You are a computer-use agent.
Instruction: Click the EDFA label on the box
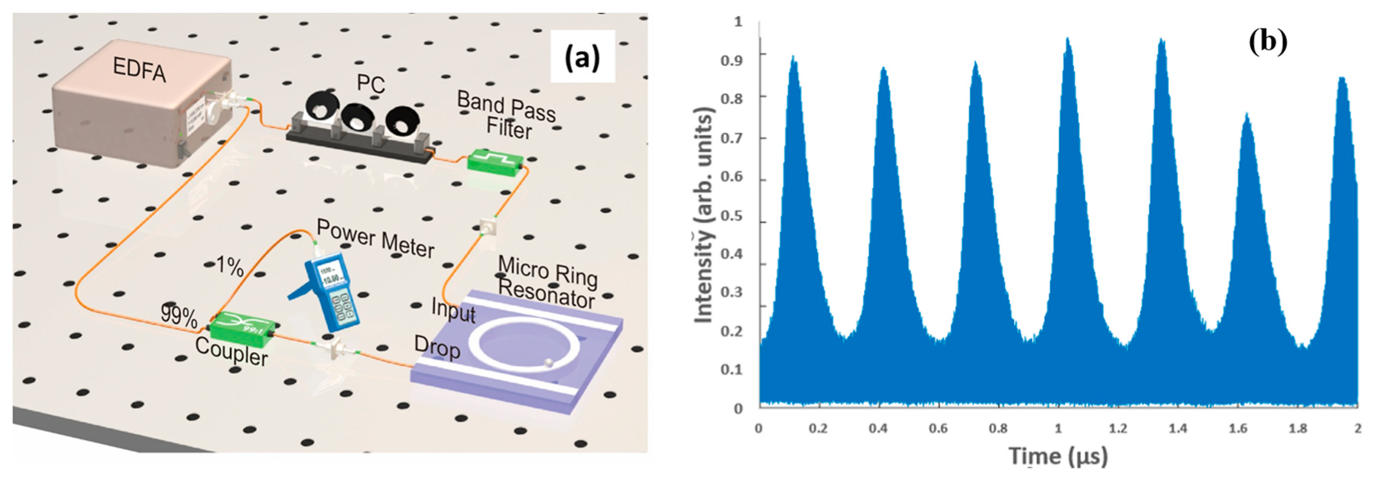139,70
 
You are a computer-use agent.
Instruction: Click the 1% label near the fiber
229,265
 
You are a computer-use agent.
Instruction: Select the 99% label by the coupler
179,317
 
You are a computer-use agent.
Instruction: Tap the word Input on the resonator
453,310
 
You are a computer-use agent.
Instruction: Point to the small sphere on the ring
549,364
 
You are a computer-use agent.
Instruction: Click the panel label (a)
582,58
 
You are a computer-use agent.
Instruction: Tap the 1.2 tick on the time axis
1118,429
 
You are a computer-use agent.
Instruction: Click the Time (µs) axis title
1058,456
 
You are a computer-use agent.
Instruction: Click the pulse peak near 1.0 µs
1068,41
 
